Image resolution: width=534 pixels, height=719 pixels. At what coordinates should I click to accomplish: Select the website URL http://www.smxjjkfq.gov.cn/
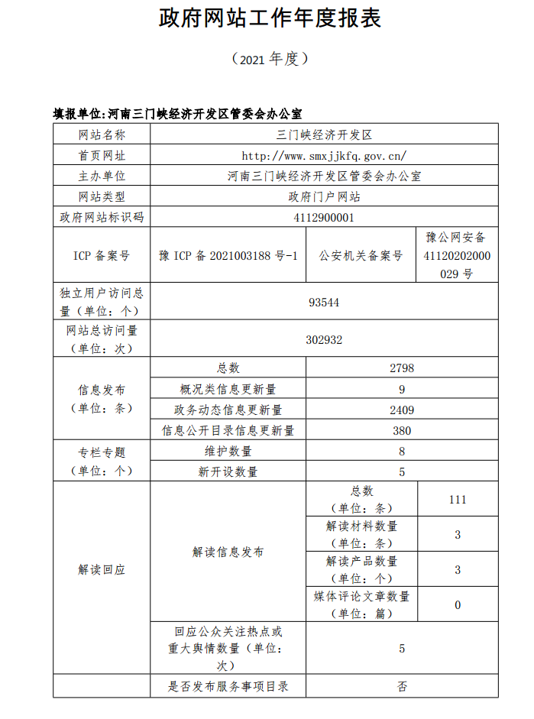click(x=325, y=155)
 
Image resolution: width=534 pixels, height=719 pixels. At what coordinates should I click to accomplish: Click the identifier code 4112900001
click(x=325, y=217)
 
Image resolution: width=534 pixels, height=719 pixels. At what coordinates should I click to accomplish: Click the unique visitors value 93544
click(x=325, y=302)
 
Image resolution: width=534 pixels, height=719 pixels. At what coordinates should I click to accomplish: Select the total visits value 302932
click(x=325, y=339)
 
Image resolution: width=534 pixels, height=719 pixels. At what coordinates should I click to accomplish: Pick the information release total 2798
click(x=402, y=368)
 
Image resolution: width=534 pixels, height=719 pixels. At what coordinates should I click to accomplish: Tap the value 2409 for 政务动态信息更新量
click(x=402, y=410)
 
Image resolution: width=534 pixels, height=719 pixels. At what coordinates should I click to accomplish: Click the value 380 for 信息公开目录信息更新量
click(x=402, y=430)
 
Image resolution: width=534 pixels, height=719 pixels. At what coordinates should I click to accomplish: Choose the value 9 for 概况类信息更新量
click(x=402, y=389)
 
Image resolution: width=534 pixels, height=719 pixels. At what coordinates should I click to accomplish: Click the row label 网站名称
click(x=102, y=134)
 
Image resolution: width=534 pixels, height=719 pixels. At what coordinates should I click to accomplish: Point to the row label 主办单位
click(x=102, y=176)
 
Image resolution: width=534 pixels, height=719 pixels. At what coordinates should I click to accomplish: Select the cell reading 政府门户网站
click(x=325, y=196)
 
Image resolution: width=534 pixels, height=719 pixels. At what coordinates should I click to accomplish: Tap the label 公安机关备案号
click(x=361, y=255)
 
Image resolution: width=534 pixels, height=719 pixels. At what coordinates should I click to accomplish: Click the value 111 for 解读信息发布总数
click(x=458, y=500)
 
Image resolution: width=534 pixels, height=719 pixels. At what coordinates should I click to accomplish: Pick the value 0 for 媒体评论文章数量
click(x=458, y=605)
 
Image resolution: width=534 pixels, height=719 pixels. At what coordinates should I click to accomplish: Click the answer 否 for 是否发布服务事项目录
click(x=402, y=686)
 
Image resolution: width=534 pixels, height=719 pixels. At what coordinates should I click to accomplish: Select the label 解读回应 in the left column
click(x=102, y=570)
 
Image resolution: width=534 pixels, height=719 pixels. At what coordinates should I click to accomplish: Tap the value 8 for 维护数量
click(x=402, y=451)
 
